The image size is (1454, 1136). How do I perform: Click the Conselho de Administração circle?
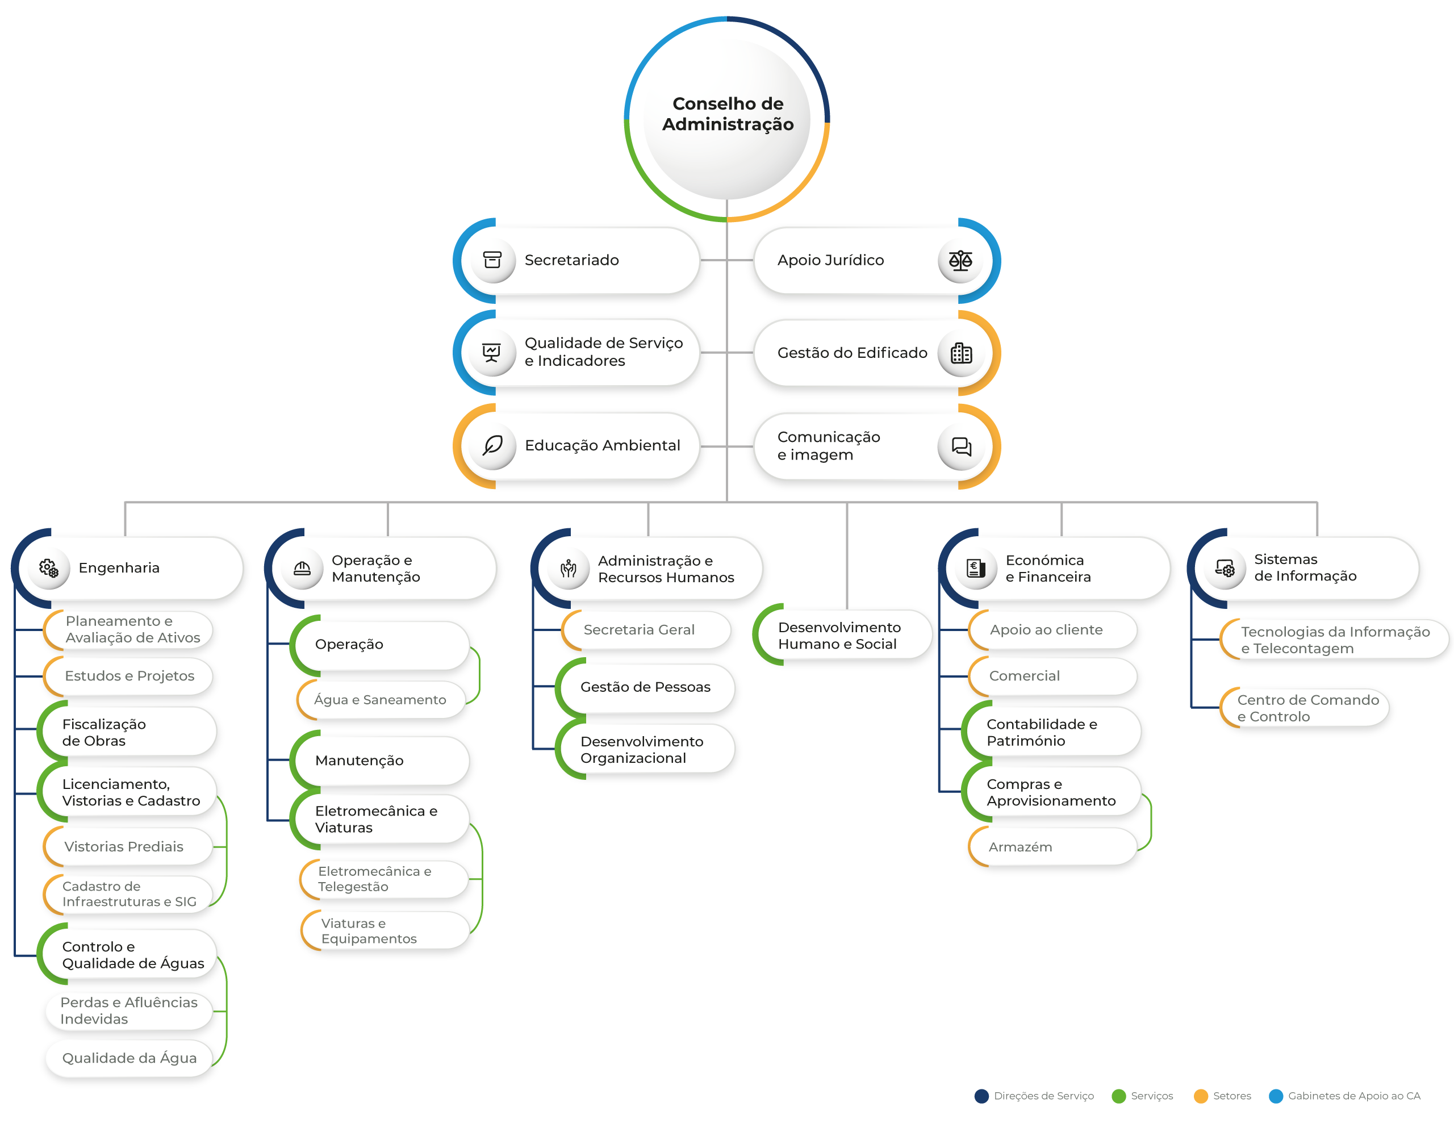[x=727, y=119]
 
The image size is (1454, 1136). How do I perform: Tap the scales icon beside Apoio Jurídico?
[x=960, y=260]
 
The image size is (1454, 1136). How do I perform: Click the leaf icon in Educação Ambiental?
[x=492, y=445]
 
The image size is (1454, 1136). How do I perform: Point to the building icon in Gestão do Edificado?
[x=960, y=353]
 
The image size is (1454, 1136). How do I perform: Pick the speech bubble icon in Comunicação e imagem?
[x=960, y=446]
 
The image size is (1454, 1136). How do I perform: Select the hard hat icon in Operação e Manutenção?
[x=302, y=569]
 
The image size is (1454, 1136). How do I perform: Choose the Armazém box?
[x=1052, y=847]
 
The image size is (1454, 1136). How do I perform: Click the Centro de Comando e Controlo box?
[x=1305, y=708]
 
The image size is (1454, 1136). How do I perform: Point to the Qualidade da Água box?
[x=129, y=1058]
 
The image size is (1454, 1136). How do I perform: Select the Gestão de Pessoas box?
[x=646, y=687]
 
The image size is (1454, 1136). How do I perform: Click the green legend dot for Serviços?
[x=1118, y=1096]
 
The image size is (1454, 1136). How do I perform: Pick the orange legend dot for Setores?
[x=1200, y=1096]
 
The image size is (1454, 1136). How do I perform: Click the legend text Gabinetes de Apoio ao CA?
[x=1353, y=1096]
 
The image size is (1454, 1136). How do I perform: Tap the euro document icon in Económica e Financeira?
[x=976, y=569]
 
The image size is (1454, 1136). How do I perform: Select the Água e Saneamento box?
[x=381, y=700]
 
